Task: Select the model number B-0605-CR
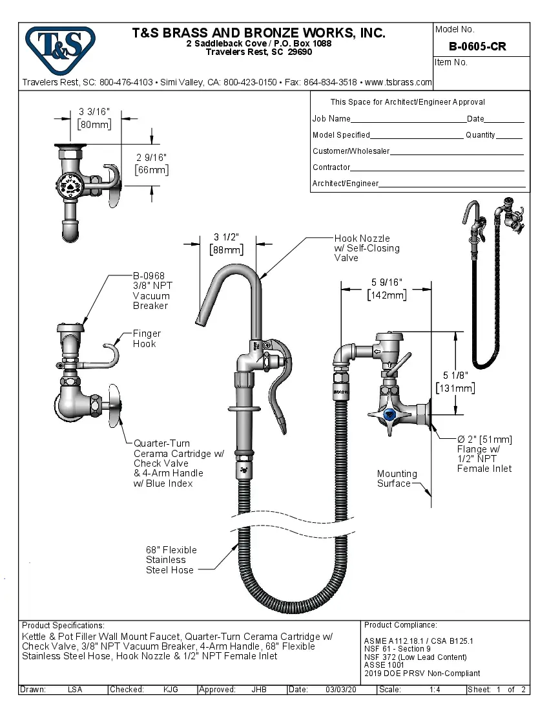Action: pyautogui.click(x=477, y=47)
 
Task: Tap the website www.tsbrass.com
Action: pyautogui.click(x=398, y=82)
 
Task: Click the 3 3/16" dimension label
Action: pyautogui.click(x=94, y=111)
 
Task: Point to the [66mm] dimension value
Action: pyautogui.click(x=152, y=170)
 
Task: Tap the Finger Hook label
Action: pyautogui.click(x=147, y=339)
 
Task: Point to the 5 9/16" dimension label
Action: pyautogui.click(x=387, y=282)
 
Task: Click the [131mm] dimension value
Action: pyautogui.click(x=456, y=388)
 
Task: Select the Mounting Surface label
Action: pyautogui.click(x=397, y=478)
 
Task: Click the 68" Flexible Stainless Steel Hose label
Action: pyautogui.click(x=171, y=560)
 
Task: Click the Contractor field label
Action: pyautogui.click(x=331, y=167)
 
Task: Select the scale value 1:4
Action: pyautogui.click(x=435, y=690)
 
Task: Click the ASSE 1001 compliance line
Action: pyautogui.click(x=385, y=664)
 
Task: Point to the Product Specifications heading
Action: pyautogui.click(x=63, y=626)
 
